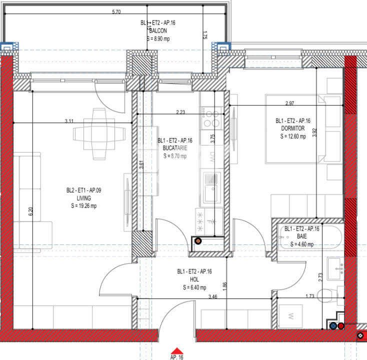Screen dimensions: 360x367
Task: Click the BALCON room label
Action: pos(157,30)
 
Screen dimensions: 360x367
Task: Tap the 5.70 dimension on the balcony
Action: pos(116,11)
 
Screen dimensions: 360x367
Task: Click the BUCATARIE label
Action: pos(174,148)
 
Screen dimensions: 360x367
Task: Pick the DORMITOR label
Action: pos(292,128)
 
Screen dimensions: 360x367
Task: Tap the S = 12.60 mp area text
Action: pos(292,135)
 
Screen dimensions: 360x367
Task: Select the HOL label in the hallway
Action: pos(194,279)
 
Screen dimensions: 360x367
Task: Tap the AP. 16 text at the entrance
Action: pos(176,357)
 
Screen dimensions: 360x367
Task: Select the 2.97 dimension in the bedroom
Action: pos(289,103)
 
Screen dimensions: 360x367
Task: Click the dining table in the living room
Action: pos(99,133)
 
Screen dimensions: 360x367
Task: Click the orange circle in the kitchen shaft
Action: pos(197,240)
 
